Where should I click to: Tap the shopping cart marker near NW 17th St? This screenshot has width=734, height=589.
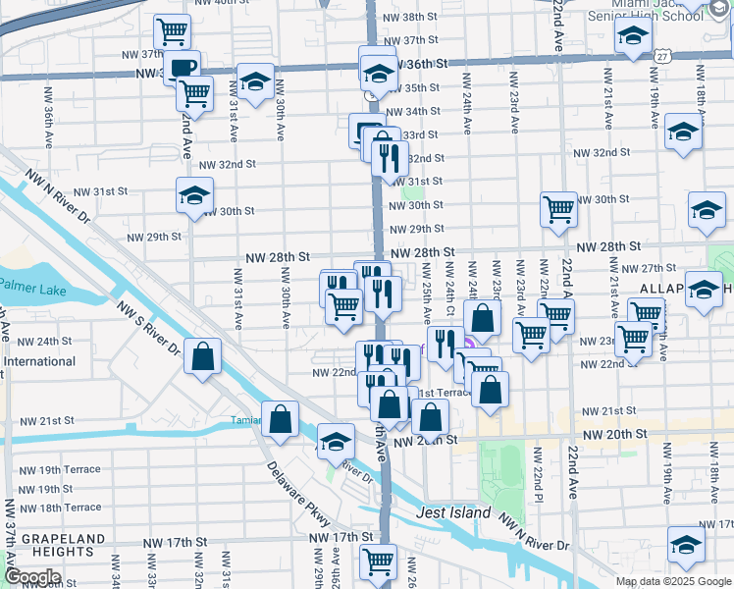[378, 561]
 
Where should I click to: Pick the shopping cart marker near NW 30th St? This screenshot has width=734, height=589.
[558, 207]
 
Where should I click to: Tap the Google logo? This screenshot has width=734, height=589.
[32, 577]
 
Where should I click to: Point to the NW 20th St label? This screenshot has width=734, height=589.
[615, 434]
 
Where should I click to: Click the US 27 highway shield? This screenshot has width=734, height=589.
[664, 58]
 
